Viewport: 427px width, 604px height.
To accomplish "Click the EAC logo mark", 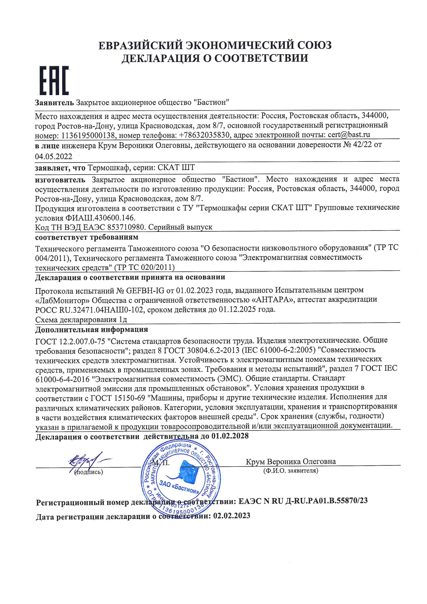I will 54,81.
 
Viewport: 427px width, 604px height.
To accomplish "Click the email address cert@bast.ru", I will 349,135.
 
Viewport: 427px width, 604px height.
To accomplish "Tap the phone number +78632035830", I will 204,135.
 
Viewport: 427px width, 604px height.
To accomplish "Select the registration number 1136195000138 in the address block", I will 88,135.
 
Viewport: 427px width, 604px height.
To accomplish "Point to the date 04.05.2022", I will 54,157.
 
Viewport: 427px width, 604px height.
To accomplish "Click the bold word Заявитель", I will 54,102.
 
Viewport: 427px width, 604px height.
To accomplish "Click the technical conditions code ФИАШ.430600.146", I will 85,218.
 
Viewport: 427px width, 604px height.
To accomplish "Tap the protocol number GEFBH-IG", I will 145,290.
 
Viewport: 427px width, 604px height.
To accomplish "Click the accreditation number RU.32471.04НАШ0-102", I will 101,310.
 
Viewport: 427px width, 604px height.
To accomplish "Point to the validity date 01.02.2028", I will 230,436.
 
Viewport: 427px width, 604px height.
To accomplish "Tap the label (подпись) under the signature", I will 89,472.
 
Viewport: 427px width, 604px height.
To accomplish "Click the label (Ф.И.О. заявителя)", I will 290,471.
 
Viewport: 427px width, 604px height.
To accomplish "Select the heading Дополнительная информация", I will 91,330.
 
